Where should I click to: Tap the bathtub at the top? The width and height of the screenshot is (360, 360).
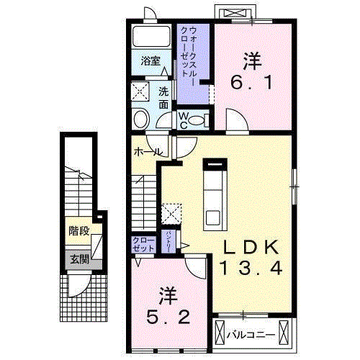(x=151, y=37)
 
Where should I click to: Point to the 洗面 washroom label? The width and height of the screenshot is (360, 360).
(x=163, y=97)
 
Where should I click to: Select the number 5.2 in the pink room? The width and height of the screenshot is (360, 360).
(x=168, y=317)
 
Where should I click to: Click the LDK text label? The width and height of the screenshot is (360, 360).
(x=249, y=247)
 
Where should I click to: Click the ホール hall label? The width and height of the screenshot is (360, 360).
(x=147, y=153)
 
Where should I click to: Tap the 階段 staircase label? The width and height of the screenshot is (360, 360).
(x=79, y=231)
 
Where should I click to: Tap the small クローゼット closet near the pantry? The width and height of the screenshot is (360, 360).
(x=140, y=243)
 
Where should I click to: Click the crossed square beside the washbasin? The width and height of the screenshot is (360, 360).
(x=140, y=91)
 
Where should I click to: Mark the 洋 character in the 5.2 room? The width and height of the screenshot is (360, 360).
(x=167, y=296)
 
